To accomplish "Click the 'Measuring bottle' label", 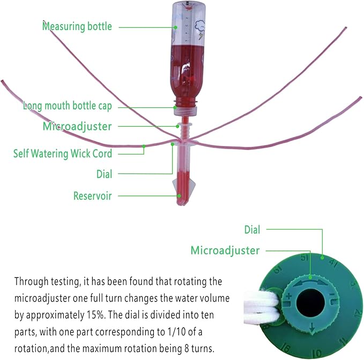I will click(77, 26).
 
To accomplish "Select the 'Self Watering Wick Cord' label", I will click(63, 154).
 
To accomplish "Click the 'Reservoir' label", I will click(92, 196).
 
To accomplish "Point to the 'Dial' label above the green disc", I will click(252, 230).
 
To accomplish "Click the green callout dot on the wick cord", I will click(144, 145).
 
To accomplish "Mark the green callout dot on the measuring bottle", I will click(175, 26).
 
